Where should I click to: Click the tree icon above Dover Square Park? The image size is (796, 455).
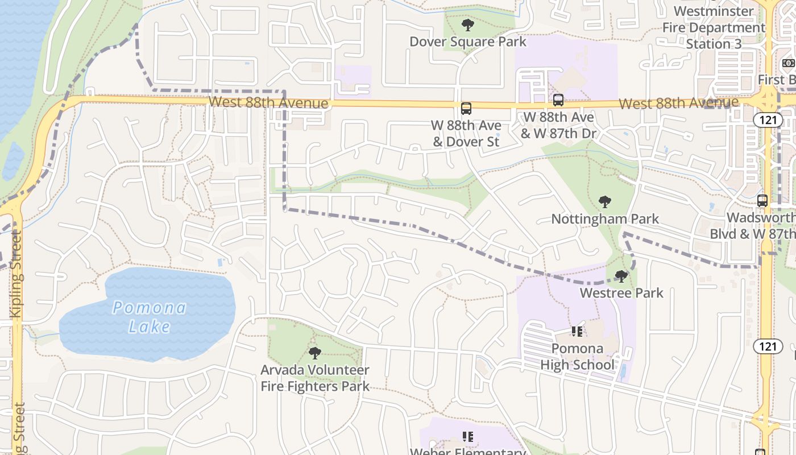coord(468,25)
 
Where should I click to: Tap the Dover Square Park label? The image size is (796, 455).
coord(468,42)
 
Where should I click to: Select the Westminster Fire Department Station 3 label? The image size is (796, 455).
coord(714,27)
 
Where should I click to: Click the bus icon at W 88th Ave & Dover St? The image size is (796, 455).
coord(466,108)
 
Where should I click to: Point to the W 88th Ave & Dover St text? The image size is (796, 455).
coord(466,133)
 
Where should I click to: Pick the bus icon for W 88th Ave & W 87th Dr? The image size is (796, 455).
coord(558,100)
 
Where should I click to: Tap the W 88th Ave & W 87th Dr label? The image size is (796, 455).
coord(558,125)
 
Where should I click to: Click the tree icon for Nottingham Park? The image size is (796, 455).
coord(605,202)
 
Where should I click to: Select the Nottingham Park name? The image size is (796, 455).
coord(605,219)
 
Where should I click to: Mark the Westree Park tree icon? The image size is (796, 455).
coord(621,276)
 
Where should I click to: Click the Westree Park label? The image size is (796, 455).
coord(621,293)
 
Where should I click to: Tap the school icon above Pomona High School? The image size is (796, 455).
coord(577,331)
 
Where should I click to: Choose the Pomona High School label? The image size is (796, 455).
coord(577,357)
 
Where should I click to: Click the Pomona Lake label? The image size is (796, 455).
coord(149,317)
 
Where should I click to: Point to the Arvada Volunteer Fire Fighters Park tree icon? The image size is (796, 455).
coord(315,353)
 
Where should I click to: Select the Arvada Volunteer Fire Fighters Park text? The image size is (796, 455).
coord(315,378)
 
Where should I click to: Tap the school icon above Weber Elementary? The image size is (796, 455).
coord(468,437)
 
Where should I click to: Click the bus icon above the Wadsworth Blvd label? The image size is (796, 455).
coord(762,201)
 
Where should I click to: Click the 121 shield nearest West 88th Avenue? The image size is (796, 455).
coord(768,120)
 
